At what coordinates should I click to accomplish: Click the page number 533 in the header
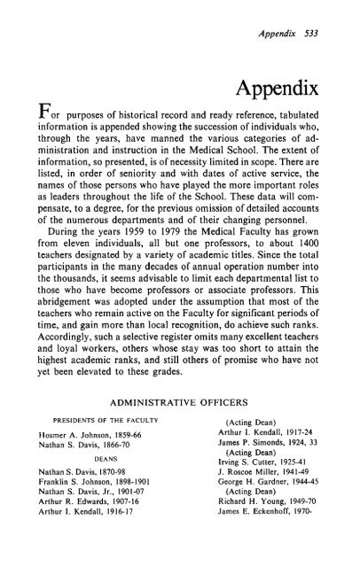[332, 13]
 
